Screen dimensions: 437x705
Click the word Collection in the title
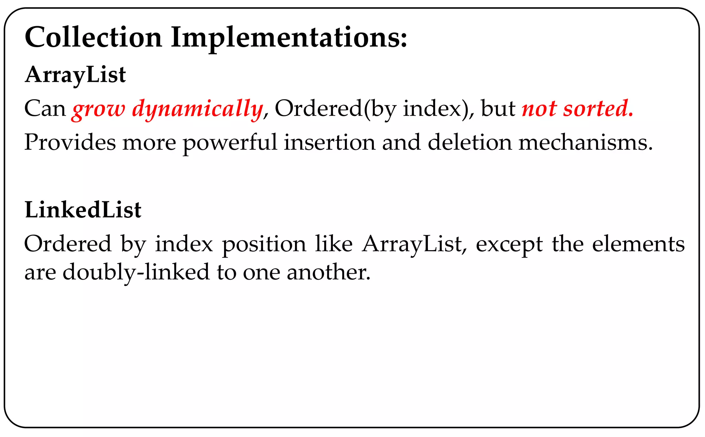[93, 37]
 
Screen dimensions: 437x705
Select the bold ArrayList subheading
[75, 75]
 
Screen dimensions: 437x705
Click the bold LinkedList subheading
[83, 210]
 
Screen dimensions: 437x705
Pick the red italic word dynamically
[198, 109]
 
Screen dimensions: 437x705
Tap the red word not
[539, 109]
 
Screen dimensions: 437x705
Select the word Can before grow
[45, 109]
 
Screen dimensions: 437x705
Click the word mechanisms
[585, 142]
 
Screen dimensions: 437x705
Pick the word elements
[638, 244]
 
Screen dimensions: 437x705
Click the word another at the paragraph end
[328, 272]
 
